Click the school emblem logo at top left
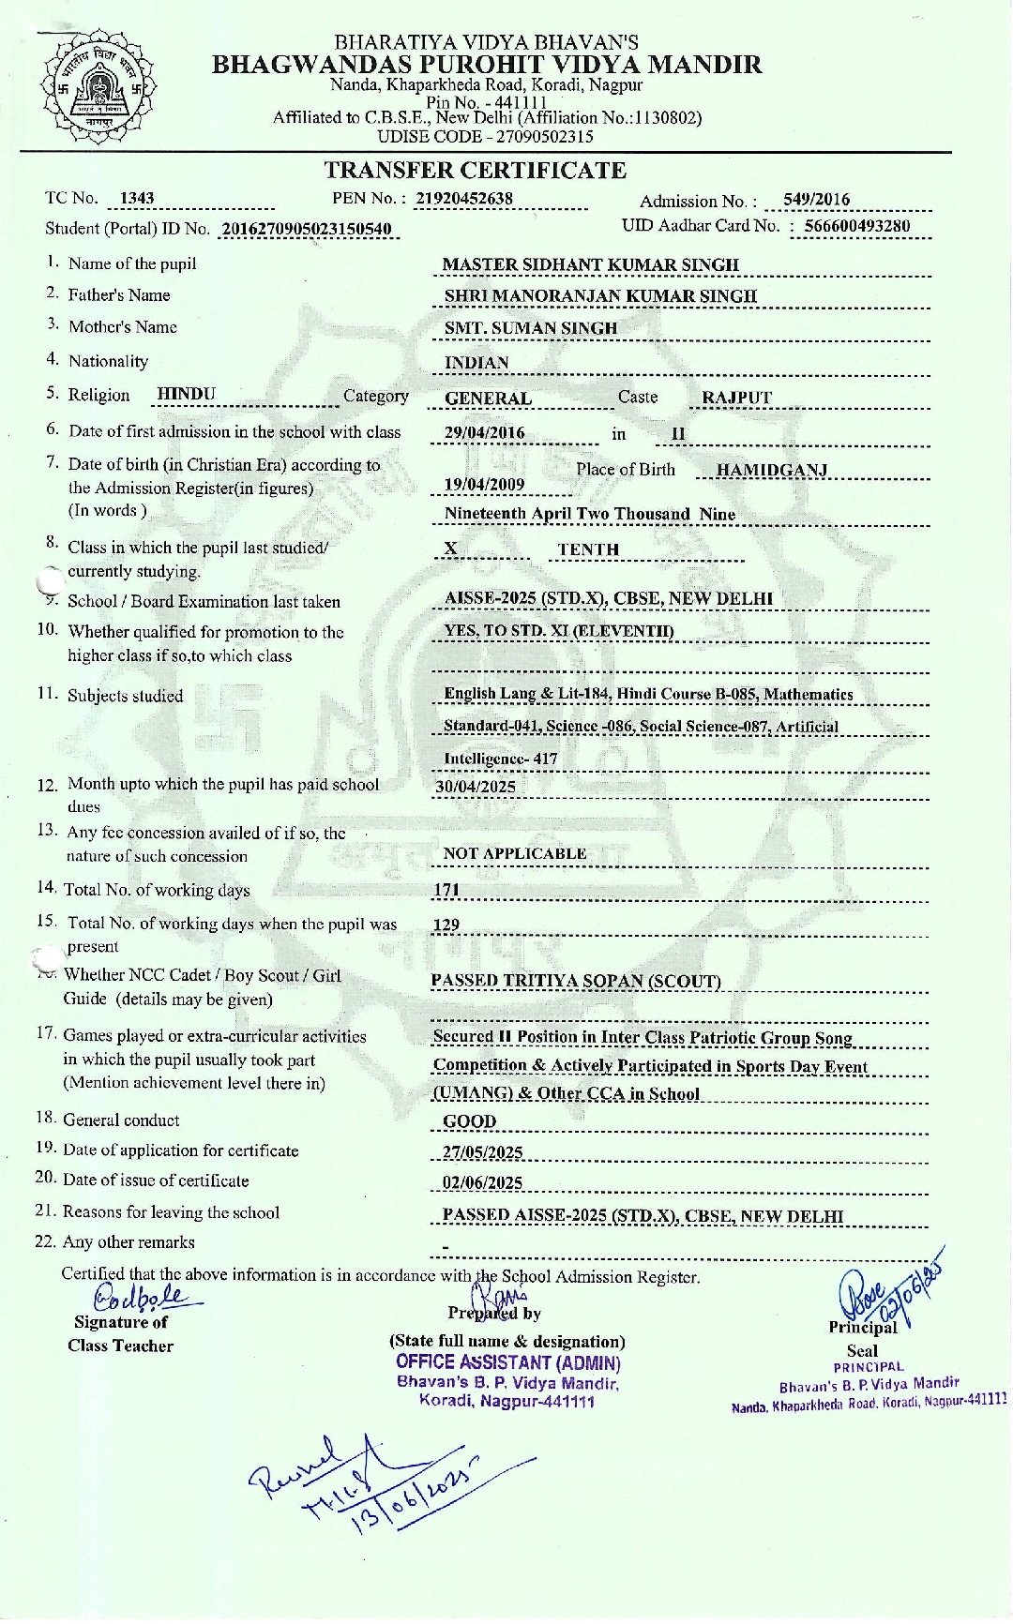(92, 86)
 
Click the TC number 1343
(137, 199)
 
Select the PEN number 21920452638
(463, 198)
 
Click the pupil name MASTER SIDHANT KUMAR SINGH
(590, 265)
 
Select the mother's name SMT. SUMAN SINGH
(530, 328)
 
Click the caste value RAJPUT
(736, 398)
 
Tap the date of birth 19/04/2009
(484, 485)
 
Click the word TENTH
(588, 550)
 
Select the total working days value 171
(446, 891)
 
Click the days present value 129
(446, 925)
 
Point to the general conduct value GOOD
(469, 1121)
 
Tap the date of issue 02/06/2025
(482, 1183)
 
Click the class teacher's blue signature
(141, 1298)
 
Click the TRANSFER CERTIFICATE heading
(475, 171)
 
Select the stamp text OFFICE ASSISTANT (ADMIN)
(507, 1363)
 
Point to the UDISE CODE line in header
(485, 136)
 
